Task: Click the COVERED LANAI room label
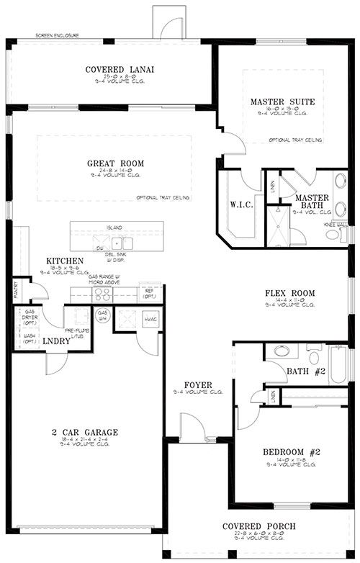click(121, 70)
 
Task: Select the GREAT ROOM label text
click(112, 163)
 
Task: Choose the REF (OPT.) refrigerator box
click(150, 293)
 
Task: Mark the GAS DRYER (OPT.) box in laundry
click(28, 317)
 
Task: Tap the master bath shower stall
click(276, 224)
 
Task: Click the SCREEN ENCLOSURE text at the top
click(57, 35)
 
